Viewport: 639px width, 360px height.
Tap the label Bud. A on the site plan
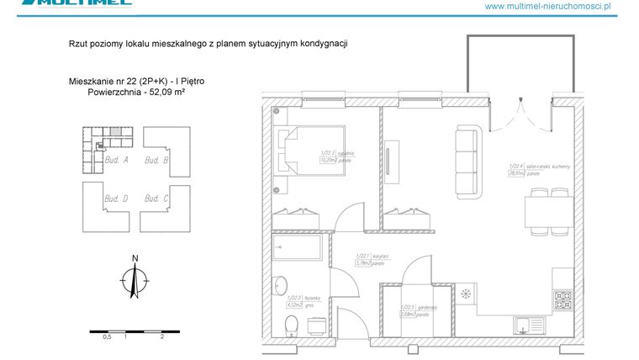(114, 159)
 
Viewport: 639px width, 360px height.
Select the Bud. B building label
(156, 159)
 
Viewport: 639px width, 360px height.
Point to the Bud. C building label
(156, 199)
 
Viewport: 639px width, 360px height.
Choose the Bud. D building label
(115, 199)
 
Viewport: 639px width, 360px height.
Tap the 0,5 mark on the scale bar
(107, 336)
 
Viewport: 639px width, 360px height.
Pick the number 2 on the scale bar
(161, 336)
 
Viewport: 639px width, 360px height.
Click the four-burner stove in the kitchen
(562, 299)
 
